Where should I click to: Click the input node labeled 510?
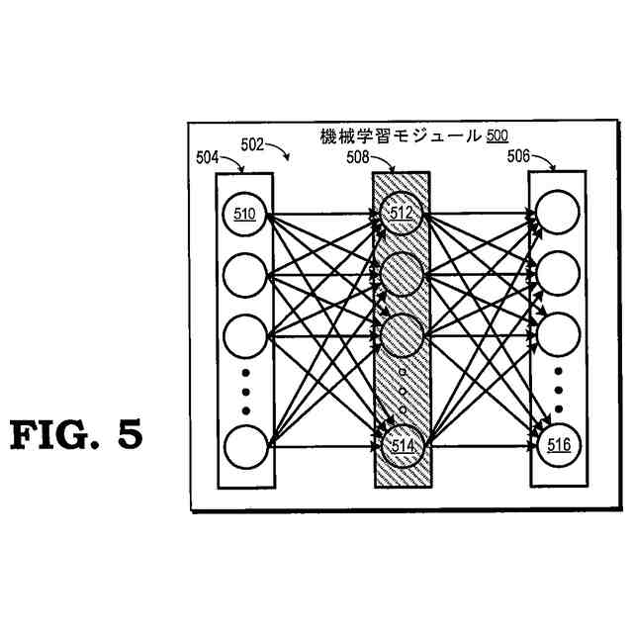[x=245, y=215]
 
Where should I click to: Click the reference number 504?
[x=210, y=155]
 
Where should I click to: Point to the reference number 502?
[x=253, y=143]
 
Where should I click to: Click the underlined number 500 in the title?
[x=497, y=136]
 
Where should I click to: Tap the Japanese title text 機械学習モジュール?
[x=401, y=136]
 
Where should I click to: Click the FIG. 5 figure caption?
[x=77, y=435]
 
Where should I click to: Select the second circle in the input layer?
[x=245, y=274]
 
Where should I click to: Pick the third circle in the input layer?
[x=245, y=333]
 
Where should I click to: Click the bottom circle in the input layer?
[x=245, y=445]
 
